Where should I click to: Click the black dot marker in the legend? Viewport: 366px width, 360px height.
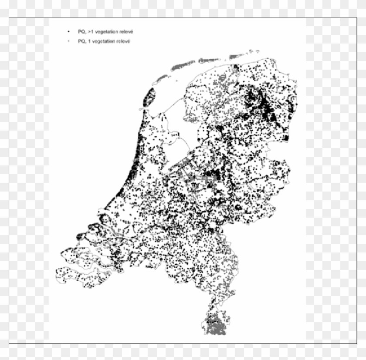tap(68, 32)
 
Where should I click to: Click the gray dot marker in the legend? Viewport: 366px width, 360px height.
tap(68, 41)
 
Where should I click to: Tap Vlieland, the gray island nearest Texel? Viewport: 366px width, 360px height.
tap(162, 78)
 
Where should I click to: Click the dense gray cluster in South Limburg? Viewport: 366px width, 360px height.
tap(216, 325)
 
